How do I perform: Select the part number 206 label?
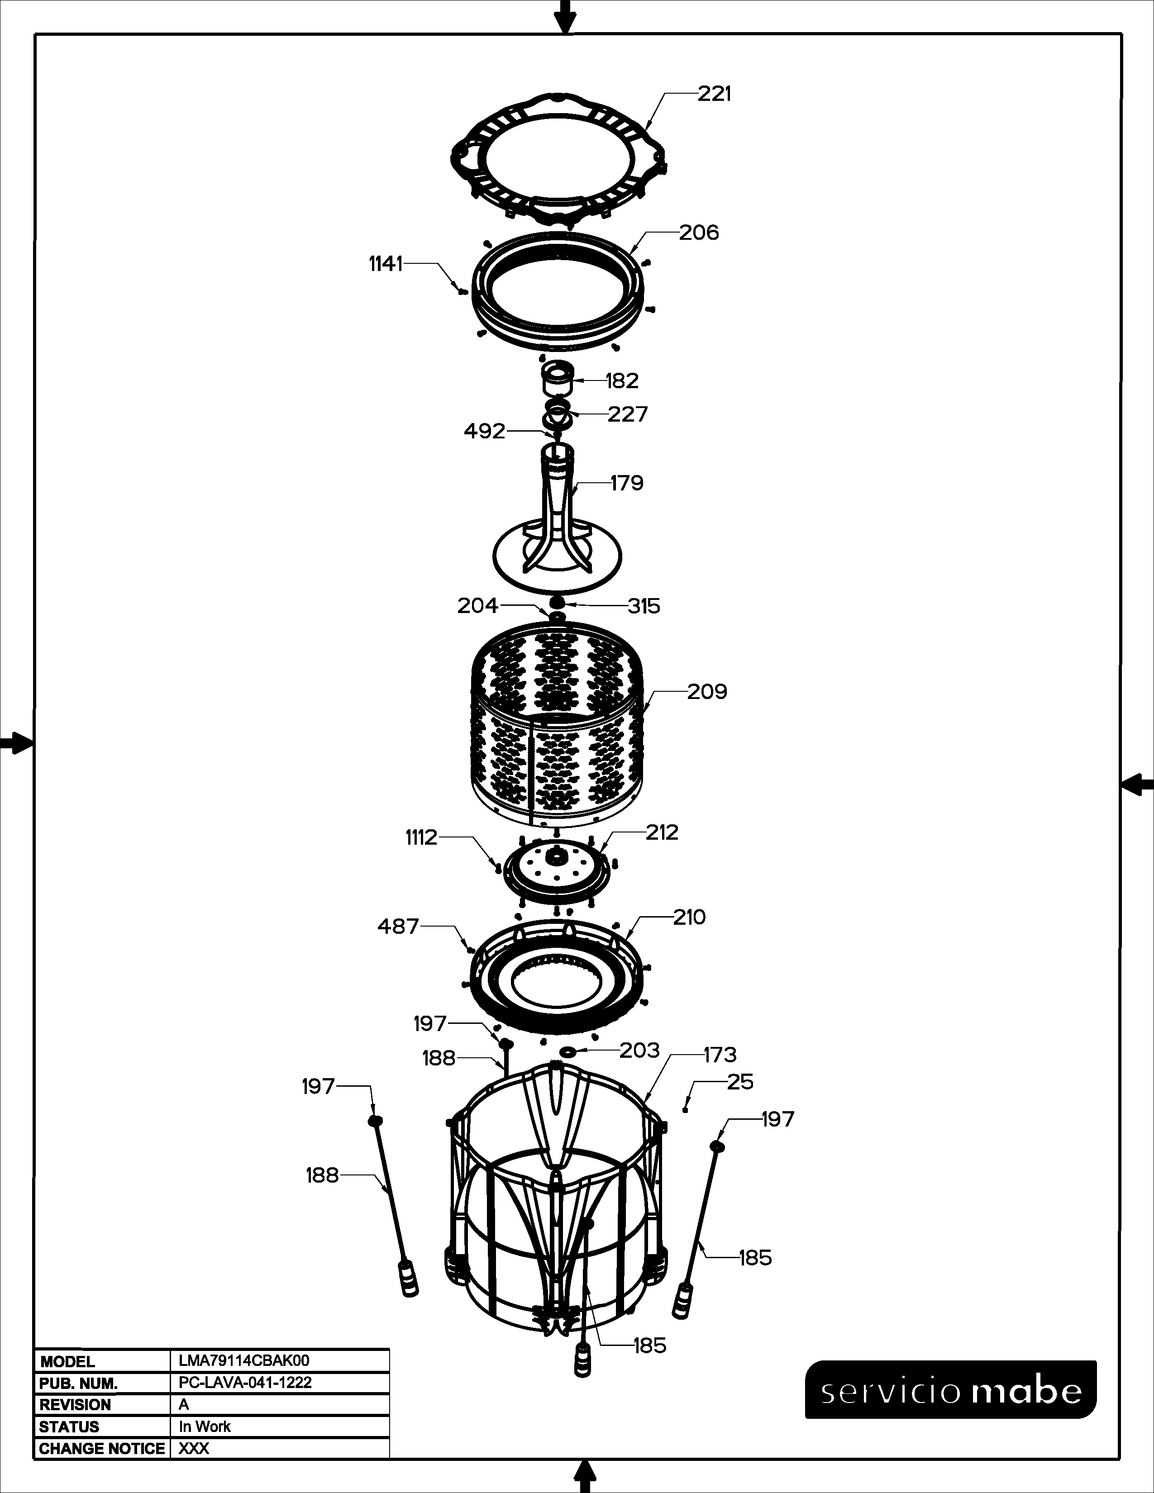[x=699, y=233]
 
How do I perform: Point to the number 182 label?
[x=622, y=381]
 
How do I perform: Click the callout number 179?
[x=627, y=483]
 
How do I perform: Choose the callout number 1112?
[x=421, y=837]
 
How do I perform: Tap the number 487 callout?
[x=398, y=927]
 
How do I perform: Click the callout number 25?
[x=740, y=1082]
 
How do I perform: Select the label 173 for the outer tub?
[x=720, y=1055]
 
